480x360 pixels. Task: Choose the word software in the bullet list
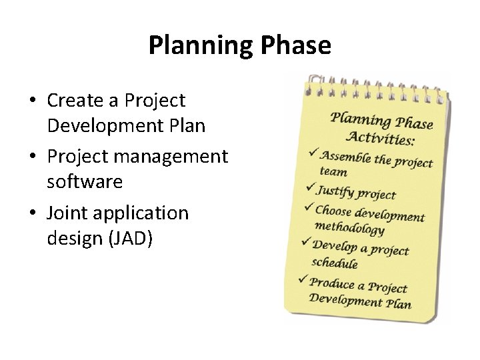click(85, 181)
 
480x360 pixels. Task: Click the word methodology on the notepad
click(349, 228)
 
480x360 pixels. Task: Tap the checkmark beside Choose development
click(307, 208)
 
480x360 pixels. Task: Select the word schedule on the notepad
click(335, 262)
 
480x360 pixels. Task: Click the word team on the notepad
click(333, 171)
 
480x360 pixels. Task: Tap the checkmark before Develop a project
click(305, 243)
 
